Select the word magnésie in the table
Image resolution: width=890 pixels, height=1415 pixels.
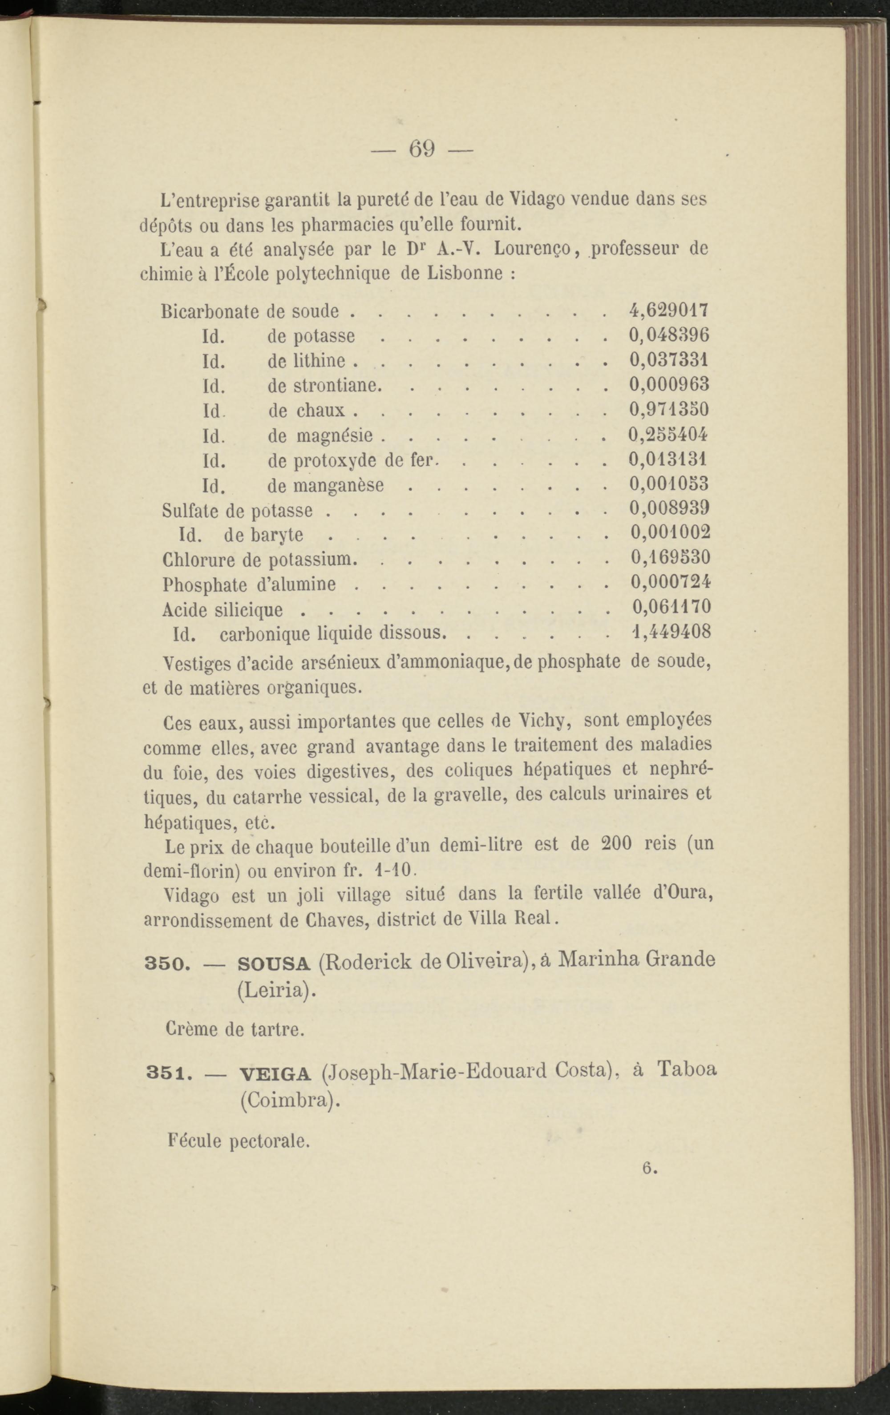[x=335, y=435]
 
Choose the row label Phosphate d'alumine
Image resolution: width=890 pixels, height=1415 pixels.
[x=249, y=584]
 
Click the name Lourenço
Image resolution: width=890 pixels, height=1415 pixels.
[x=534, y=249]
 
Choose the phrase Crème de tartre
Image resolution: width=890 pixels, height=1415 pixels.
[x=235, y=1029]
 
